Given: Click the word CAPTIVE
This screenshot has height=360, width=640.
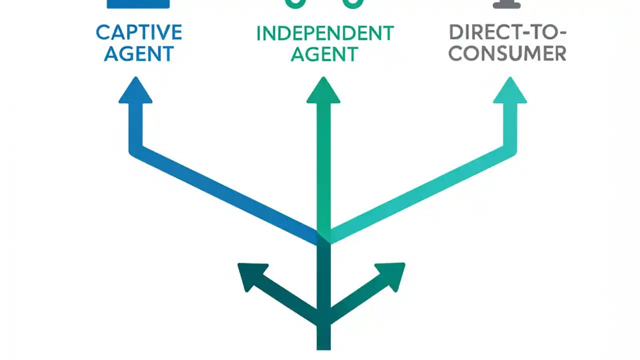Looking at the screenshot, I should point(138,33).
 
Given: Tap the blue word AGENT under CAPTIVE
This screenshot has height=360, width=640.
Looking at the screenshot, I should point(138,53).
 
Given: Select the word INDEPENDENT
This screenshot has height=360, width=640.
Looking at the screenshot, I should point(324,33).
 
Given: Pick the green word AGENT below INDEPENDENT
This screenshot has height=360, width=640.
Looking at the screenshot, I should point(324,54).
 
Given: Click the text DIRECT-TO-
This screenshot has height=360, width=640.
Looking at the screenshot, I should point(507,32).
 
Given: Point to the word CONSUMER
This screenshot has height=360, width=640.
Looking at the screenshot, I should point(507,53).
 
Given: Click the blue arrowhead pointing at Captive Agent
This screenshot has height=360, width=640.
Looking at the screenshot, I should point(135,91).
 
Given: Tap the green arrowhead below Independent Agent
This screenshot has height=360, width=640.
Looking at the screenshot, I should point(323,91).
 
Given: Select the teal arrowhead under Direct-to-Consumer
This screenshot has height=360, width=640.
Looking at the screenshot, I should point(510,91).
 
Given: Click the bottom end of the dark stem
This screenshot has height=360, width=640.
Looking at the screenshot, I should point(323,346).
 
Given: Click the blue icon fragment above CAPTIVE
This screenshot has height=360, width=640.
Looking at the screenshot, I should point(138,4).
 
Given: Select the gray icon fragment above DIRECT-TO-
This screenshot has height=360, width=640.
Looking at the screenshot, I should point(507,4).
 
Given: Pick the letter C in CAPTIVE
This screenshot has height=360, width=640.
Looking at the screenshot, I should point(102,33).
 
